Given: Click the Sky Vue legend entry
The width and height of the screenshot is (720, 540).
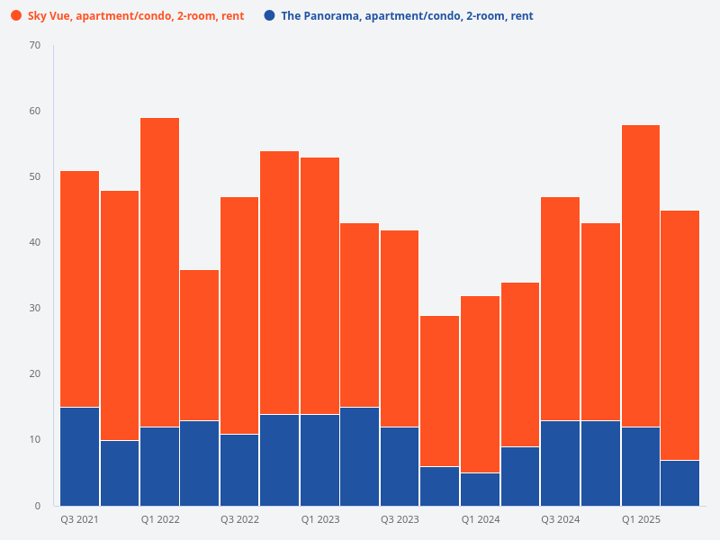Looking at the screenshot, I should click(135, 16).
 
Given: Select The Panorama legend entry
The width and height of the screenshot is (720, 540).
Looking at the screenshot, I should click(407, 16).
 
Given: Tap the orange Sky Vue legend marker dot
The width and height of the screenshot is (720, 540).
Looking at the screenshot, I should click(16, 16).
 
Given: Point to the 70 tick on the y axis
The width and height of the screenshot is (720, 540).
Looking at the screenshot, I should click(34, 45).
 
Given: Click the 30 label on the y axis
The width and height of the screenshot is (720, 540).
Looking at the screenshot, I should click(34, 309).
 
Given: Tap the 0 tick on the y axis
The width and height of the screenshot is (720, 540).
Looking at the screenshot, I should click(37, 506).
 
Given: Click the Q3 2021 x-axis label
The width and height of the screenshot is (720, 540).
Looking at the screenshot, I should click(79, 520).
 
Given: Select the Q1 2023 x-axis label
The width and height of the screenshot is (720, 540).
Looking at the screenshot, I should click(319, 520).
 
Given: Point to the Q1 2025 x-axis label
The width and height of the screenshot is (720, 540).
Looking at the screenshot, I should click(640, 520).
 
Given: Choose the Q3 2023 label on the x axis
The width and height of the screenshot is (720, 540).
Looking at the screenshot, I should click(400, 520).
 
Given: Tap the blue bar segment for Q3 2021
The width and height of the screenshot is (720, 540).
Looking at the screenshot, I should click(79, 456).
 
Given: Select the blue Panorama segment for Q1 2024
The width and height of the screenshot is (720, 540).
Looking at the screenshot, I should click(480, 489).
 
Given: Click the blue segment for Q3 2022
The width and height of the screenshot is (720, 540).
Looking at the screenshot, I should click(239, 469).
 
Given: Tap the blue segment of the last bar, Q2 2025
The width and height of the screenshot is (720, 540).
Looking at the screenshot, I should click(679, 482).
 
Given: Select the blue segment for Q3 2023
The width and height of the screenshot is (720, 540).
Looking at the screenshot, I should click(400, 466).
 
